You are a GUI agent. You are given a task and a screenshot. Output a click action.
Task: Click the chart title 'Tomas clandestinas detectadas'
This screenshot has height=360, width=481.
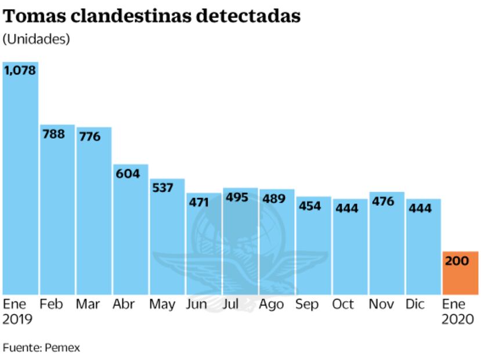152,16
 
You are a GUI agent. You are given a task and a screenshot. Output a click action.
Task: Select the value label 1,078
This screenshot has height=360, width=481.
20,70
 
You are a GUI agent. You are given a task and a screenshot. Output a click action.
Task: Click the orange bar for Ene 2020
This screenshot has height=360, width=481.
460,273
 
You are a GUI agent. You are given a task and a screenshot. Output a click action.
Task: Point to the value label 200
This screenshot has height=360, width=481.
457,261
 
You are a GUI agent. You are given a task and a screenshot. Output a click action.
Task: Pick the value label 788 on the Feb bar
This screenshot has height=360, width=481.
53,134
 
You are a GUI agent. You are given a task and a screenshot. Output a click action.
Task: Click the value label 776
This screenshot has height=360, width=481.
89,136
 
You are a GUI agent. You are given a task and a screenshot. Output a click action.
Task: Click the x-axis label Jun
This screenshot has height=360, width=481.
197,304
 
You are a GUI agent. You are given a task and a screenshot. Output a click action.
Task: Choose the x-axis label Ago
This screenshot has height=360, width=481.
271,304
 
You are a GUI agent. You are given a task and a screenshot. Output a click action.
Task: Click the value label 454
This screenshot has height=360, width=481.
309,206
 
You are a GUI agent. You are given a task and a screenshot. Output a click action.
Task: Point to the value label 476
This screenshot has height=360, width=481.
382,201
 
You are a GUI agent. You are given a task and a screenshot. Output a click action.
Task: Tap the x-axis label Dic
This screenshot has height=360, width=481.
415,304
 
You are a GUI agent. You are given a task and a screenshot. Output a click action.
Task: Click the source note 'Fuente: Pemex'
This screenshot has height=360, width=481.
41,348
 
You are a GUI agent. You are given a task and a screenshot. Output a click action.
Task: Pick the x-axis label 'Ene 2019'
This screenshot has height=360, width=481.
17,312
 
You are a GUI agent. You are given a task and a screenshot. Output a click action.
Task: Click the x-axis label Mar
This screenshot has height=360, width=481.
88,304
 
